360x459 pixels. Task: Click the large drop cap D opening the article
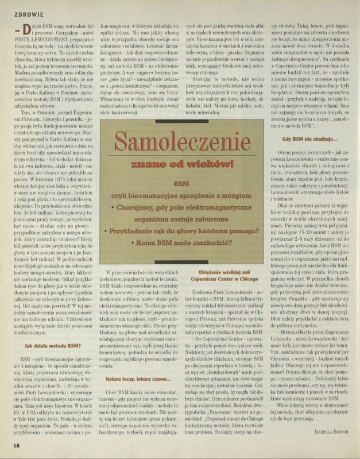tap(25, 30)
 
